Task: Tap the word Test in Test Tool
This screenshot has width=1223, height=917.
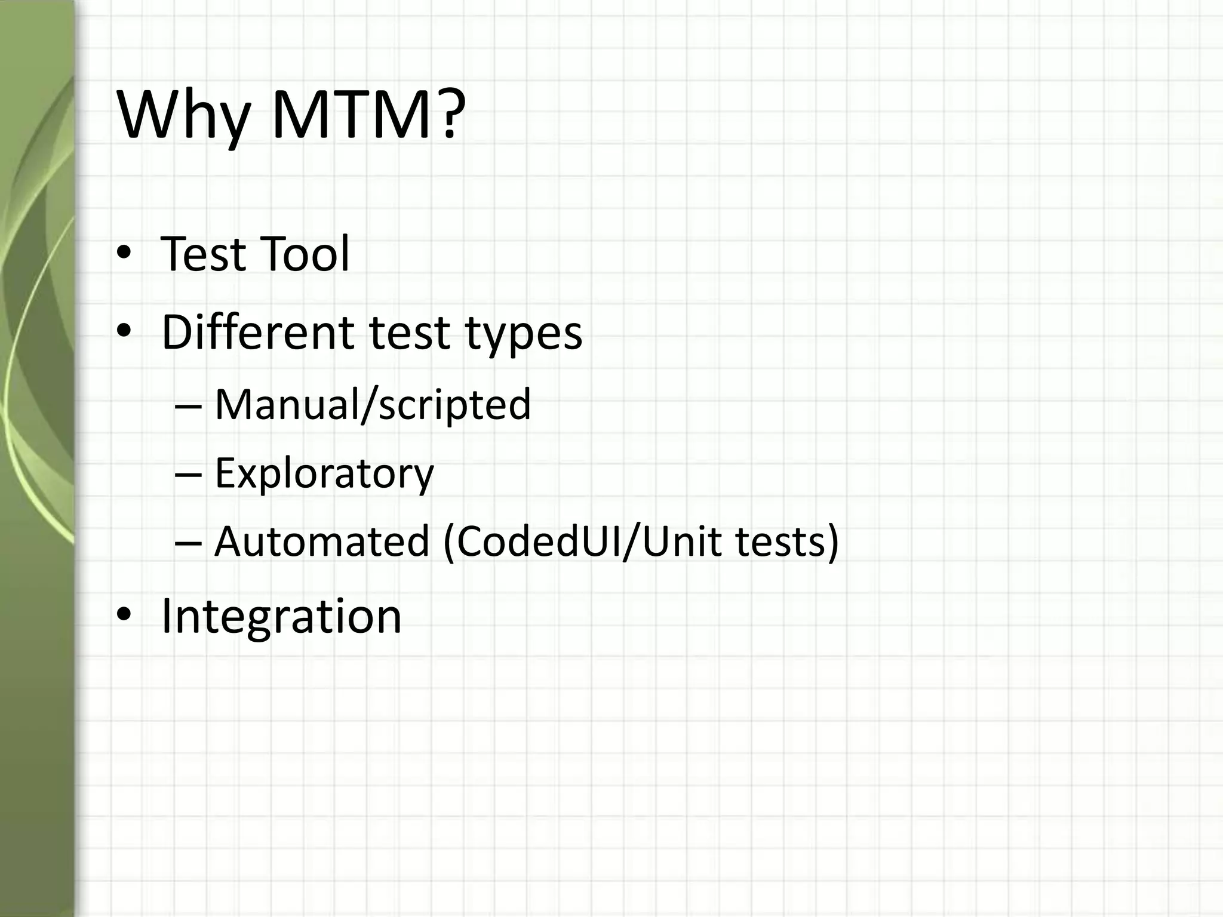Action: point(203,254)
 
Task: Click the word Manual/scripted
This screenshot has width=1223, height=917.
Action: point(372,405)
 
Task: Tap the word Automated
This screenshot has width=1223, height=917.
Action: point(322,541)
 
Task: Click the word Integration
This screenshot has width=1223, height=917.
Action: point(281,616)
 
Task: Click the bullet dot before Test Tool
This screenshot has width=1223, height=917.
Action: point(124,254)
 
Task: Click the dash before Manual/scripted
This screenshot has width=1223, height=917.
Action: point(189,406)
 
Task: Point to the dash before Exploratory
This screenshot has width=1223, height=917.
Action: point(189,475)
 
